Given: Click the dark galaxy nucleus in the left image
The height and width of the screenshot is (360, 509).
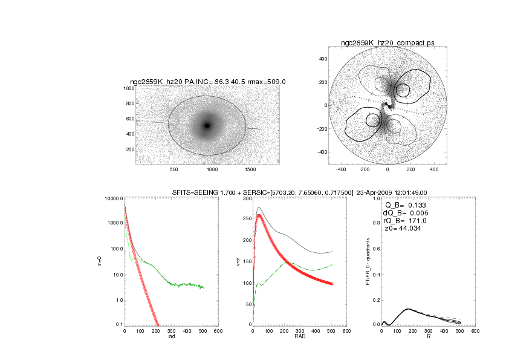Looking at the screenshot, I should (x=207, y=125).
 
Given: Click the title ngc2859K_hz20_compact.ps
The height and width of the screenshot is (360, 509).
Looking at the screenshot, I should (x=387, y=44).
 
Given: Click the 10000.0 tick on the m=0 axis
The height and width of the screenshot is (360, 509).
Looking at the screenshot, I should (x=113, y=199).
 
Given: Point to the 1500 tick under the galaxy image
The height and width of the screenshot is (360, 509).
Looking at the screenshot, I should (x=251, y=170).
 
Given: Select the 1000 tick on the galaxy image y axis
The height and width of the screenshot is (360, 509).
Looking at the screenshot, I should (x=128, y=88).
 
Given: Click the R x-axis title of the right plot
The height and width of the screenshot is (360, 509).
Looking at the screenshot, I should (x=428, y=337).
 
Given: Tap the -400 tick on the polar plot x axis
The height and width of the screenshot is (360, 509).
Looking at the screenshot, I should (x=341, y=170).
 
